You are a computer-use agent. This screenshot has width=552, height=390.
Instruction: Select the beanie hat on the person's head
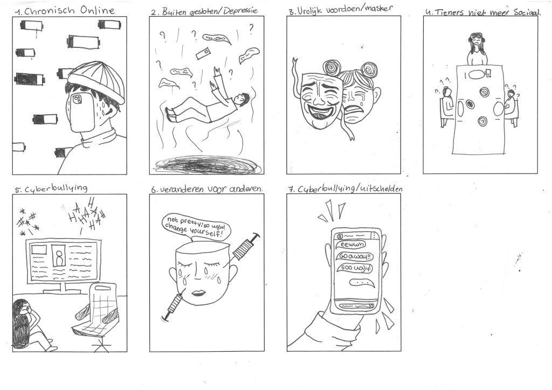point(97,81)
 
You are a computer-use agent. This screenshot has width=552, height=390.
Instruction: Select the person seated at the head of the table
point(477,49)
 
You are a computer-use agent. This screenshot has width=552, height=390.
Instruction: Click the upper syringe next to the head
point(245,248)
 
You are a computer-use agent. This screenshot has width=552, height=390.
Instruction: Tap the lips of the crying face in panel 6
point(195,293)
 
